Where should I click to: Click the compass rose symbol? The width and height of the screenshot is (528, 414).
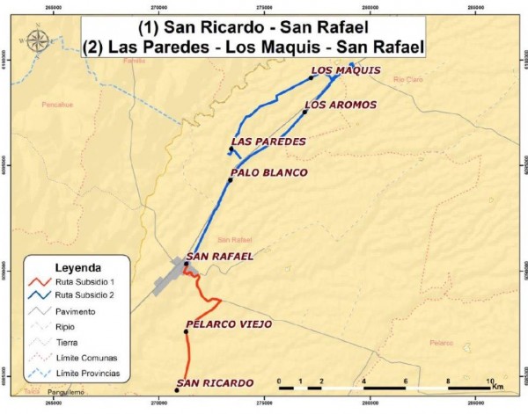click(38, 40)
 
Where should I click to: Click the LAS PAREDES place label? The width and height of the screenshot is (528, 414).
click(268, 142)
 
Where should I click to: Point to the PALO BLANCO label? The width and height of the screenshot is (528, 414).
click(269, 173)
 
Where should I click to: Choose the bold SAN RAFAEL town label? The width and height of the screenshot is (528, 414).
click(221, 257)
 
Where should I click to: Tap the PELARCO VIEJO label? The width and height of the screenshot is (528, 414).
click(230, 324)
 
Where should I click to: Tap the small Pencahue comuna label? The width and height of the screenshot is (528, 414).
click(57, 104)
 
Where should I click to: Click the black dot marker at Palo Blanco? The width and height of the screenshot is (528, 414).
click(231, 180)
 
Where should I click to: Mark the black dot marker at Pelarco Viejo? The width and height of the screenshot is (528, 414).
click(187, 331)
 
